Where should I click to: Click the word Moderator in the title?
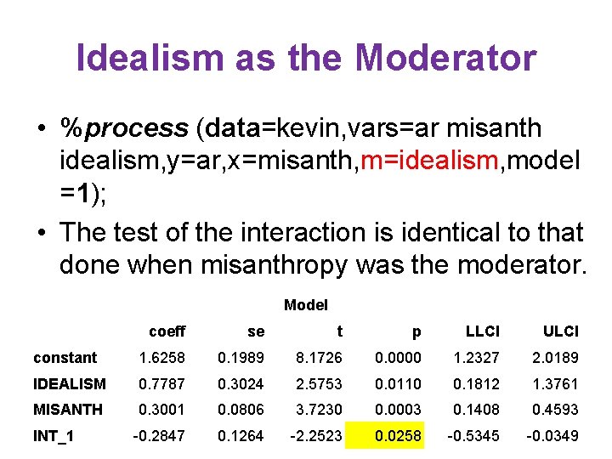pos(446,58)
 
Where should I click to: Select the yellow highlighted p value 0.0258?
pos(398,436)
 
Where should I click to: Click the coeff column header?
pos(167,331)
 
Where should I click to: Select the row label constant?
pos(65,358)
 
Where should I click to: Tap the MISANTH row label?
pos(68,410)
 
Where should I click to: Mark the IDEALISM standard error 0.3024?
pos(241,384)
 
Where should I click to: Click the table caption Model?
pos(306,304)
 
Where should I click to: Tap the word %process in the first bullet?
pos(123,128)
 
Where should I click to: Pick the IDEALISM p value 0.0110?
pos(398,384)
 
